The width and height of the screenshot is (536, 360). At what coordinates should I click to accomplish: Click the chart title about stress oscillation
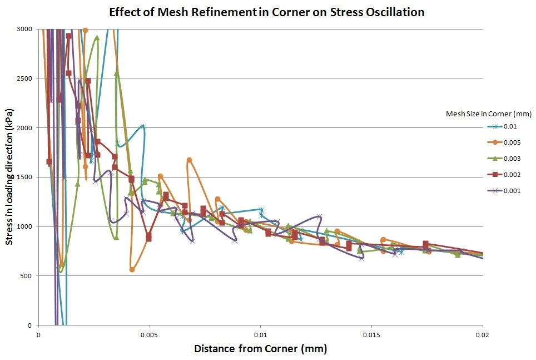pyautogui.click(x=267, y=12)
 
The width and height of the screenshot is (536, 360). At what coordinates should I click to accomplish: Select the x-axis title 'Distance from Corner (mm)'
pyautogui.click(x=260, y=349)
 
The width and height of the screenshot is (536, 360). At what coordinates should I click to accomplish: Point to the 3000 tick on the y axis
pyautogui.click(x=25, y=29)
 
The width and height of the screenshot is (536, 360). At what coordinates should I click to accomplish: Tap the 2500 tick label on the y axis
pyautogui.click(x=25, y=78)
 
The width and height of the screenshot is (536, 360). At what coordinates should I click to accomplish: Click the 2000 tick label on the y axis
pyautogui.click(x=25, y=128)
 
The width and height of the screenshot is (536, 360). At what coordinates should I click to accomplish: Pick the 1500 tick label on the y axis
pyautogui.click(x=25, y=177)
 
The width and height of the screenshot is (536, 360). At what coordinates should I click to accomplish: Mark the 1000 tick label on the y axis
pyautogui.click(x=25, y=226)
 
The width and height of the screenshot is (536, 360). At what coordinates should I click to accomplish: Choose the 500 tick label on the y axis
pyautogui.click(x=27, y=276)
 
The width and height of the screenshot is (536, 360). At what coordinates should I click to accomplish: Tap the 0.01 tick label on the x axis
pyautogui.click(x=260, y=335)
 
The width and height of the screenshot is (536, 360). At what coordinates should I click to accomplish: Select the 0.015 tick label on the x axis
pyautogui.click(x=371, y=335)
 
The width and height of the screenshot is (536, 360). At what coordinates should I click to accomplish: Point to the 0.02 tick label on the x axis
pyautogui.click(x=483, y=335)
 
